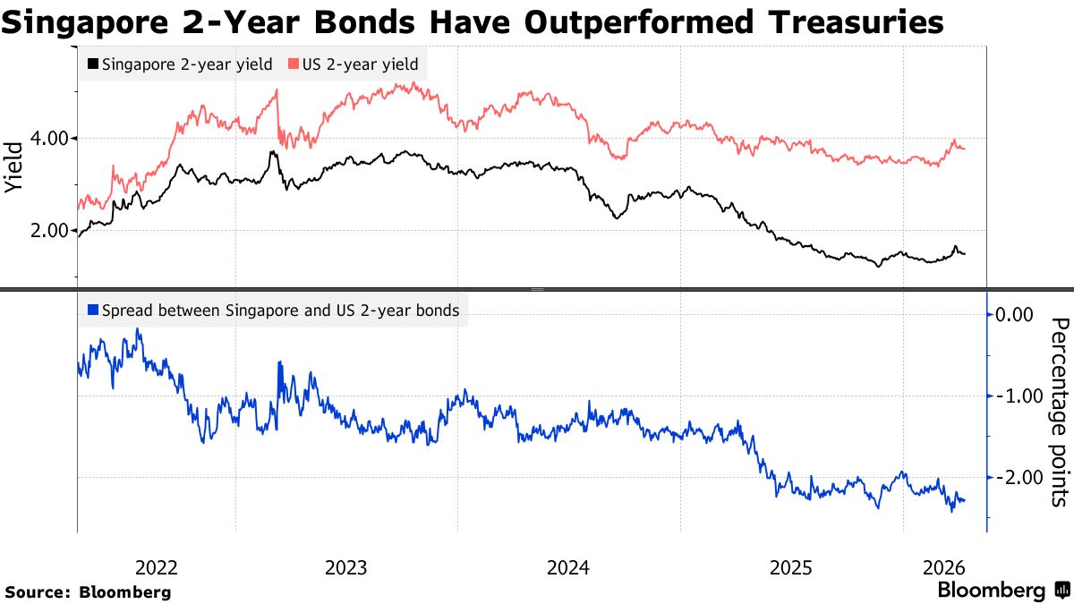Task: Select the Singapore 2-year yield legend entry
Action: [187, 64]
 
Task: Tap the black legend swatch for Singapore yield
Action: [92, 64]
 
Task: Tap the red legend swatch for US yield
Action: [293, 64]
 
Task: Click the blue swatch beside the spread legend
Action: [92, 311]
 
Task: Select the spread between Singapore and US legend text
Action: [280, 311]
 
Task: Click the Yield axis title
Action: [14, 168]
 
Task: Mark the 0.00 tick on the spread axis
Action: [1014, 314]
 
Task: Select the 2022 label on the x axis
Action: [157, 567]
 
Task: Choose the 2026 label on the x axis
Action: [943, 567]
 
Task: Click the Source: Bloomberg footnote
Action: [88, 591]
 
